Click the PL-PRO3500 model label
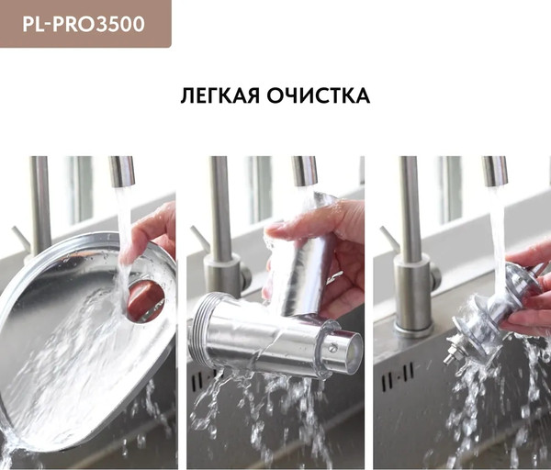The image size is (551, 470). tap(84, 24)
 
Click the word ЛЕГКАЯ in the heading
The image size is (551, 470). tap(220, 95)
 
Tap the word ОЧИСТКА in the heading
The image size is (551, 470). tap(319, 95)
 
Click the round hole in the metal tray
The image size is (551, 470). tap(145, 301)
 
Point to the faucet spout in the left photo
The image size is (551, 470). tap(122, 171)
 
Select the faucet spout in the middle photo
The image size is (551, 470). tap(304, 171)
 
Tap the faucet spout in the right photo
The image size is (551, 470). tap(495, 171)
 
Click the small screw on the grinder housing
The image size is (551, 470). tap(332, 348)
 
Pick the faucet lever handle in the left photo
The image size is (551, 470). tap(20, 238)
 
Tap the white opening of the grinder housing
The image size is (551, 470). tap(354, 352)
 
